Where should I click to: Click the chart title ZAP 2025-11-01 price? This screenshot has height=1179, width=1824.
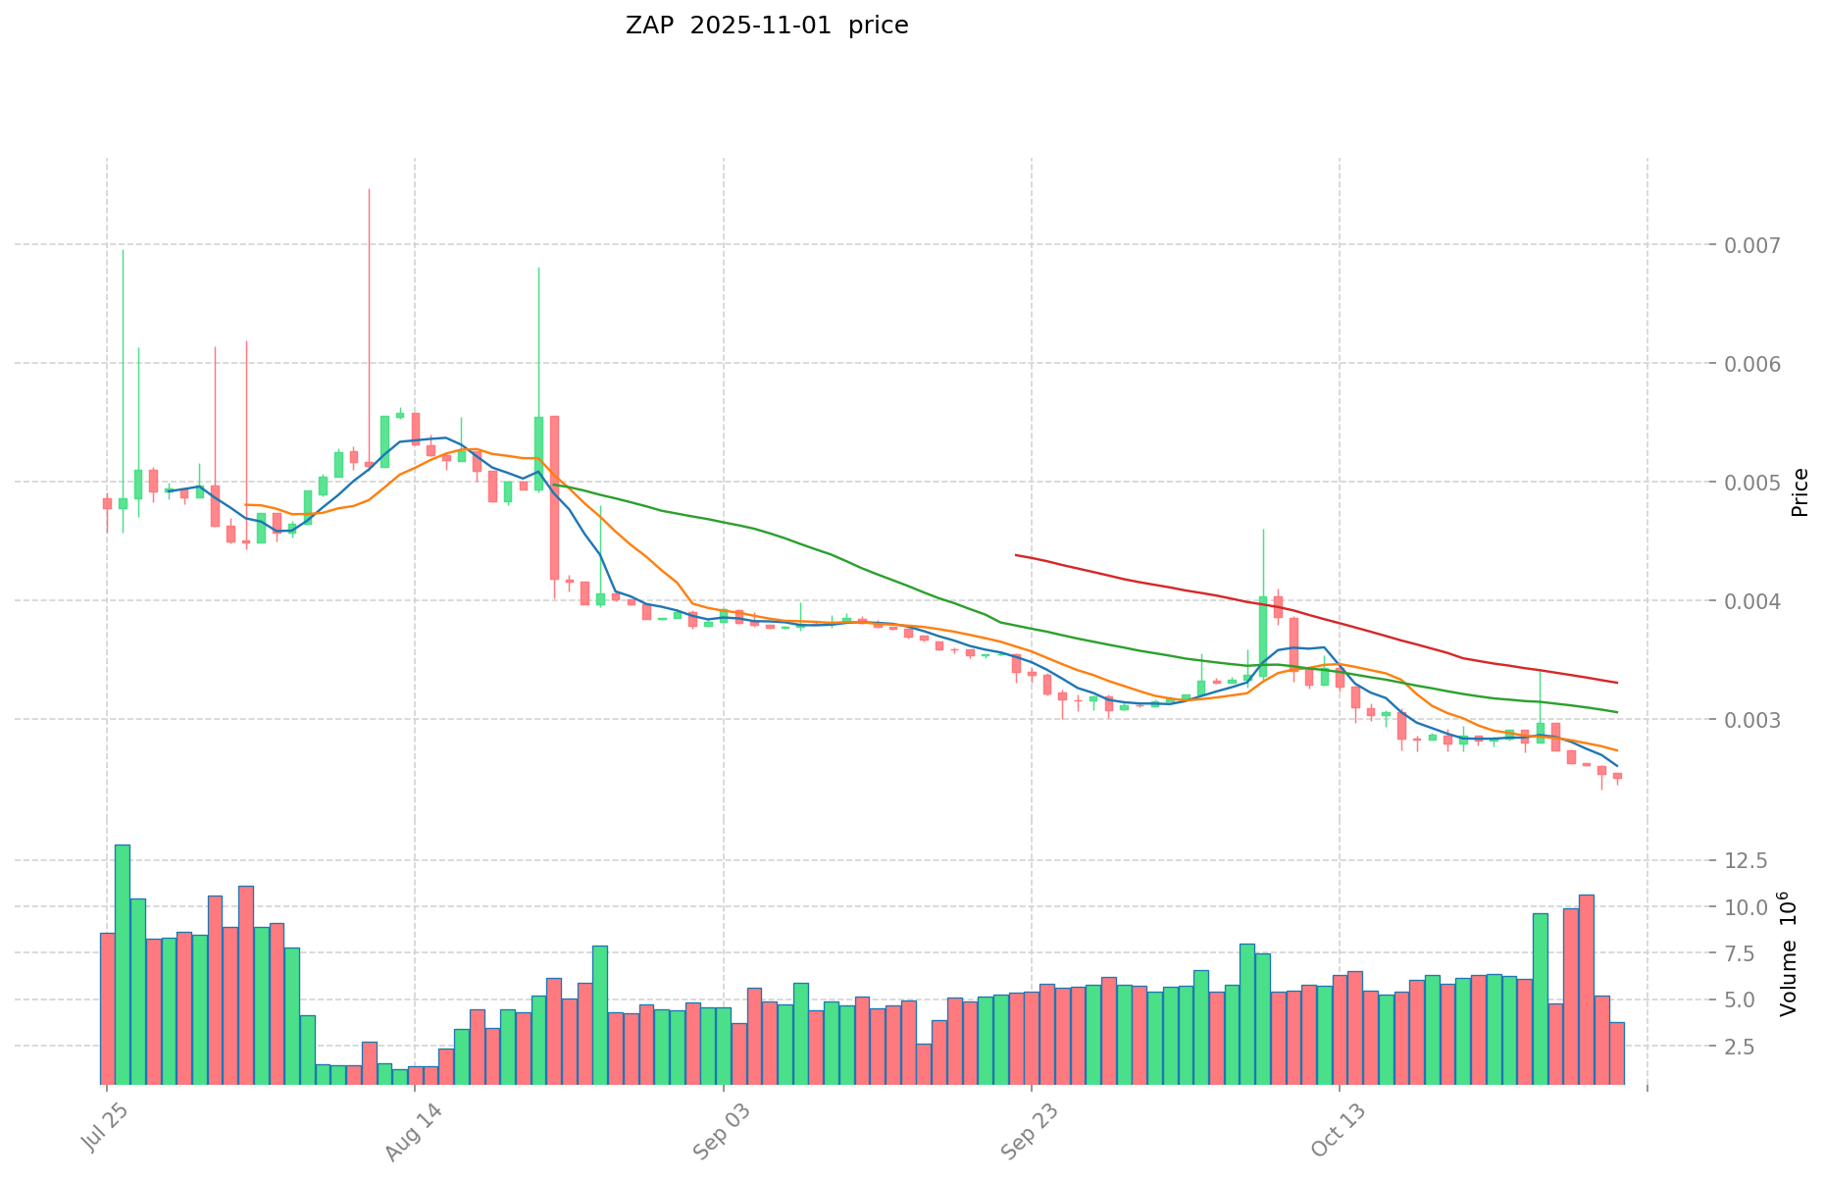tap(767, 26)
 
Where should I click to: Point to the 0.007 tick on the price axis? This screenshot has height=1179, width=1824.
tap(1755, 244)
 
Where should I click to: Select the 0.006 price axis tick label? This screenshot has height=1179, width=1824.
tap(1755, 363)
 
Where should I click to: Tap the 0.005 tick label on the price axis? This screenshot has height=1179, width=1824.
tap(1755, 482)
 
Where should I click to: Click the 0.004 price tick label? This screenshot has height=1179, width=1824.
tap(1755, 600)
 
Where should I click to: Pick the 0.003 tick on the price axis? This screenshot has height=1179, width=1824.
tap(1755, 719)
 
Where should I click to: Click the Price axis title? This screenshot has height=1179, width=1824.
tap(1799, 491)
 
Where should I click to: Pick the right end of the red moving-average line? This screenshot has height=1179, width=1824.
tap(1617, 683)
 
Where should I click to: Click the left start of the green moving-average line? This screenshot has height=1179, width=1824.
tap(554, 485)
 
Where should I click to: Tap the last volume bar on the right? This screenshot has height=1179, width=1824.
tap(1617, 1052)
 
